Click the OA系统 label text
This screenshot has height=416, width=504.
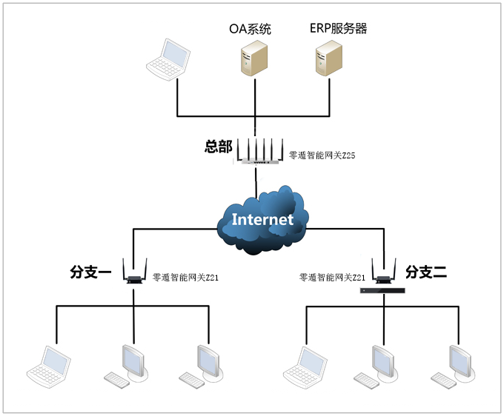[x=250, y=30]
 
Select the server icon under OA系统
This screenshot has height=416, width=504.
[x=253, y=58]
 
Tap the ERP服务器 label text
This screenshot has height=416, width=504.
[x=338, y=29]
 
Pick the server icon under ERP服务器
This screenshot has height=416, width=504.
[x=330, y=58]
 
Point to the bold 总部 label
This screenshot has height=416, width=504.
[x=218, y=147]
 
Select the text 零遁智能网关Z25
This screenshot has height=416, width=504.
[x=317, y=155]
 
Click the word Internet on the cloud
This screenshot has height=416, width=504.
[x=262, y=220]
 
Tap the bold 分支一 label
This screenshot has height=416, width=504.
[x=90, y=272]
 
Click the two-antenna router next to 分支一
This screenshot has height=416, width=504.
[x=134, y=274]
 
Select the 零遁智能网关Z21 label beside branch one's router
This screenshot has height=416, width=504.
[x=185, y=278]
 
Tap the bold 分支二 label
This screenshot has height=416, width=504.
[x=426, y=272]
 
